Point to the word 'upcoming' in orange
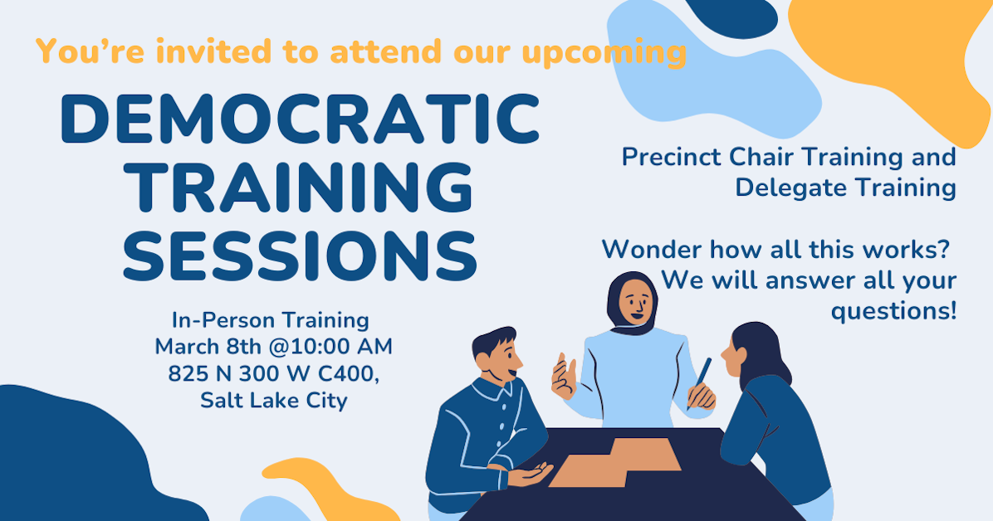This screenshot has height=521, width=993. point(604,51)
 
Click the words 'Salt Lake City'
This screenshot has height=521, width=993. point(274,400)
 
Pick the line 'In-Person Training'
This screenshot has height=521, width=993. point(270,319)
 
